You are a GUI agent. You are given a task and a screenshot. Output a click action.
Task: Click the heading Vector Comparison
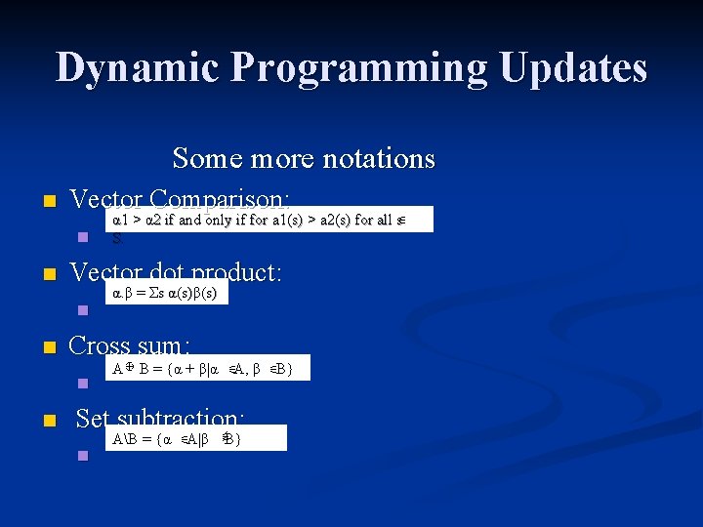coord(180,199)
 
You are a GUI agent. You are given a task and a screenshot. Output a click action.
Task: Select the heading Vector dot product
coord(176,272)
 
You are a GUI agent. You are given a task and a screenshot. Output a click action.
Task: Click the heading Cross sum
coord(130,345)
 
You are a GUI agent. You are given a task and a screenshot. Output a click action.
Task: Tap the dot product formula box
coord(166,292)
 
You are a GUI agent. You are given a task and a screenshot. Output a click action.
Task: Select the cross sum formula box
coord(208,368)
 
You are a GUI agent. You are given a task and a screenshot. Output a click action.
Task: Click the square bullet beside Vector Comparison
coord(39,202)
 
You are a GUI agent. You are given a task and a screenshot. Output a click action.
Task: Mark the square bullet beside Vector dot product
coord(39,275)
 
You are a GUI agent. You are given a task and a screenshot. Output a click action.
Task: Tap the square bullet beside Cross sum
coord(39,348)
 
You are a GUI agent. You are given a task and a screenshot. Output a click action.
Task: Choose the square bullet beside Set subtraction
coord(39,422)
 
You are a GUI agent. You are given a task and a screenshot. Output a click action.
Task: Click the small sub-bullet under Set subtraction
coord(83,455)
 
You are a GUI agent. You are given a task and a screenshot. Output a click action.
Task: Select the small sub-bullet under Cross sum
coord(83,383)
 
